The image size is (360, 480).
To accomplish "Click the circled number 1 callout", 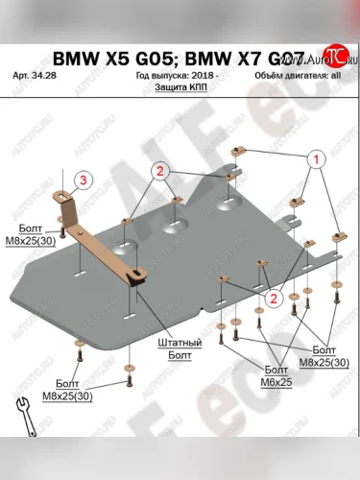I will pyautogui.click(x=313, y=159).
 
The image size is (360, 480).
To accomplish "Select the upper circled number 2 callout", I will pyautogui.click(x=161, y=171).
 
